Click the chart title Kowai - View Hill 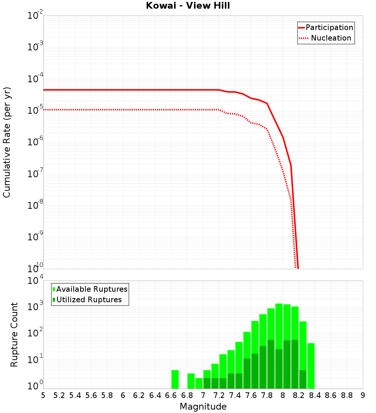[x=188, y=6]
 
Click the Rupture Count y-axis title [x=14, y=335]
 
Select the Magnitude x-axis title [x=203, y=407]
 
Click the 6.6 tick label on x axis [x=171, y=395]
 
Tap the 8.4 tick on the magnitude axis [x=315, y=395]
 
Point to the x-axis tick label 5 [x=43, y=395]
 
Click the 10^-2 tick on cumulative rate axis [x=35, y=16]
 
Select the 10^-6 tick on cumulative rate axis [x=35, y=142]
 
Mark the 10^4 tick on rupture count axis [x=35, y=281]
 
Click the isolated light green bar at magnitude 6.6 [x=175, y=379]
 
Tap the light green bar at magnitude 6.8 [x=191, y=381]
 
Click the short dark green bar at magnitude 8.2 [x=303, y=379]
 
